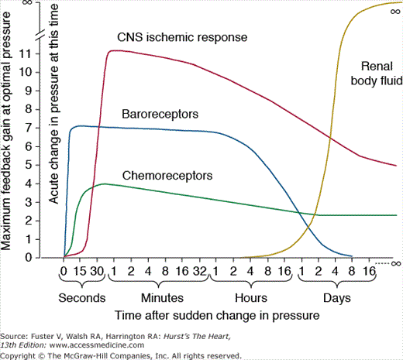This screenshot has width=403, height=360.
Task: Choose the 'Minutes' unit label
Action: coord(162,297)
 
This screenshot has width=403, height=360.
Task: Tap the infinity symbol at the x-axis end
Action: coord(395,263)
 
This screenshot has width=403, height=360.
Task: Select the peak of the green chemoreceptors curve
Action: coord(104,183)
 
